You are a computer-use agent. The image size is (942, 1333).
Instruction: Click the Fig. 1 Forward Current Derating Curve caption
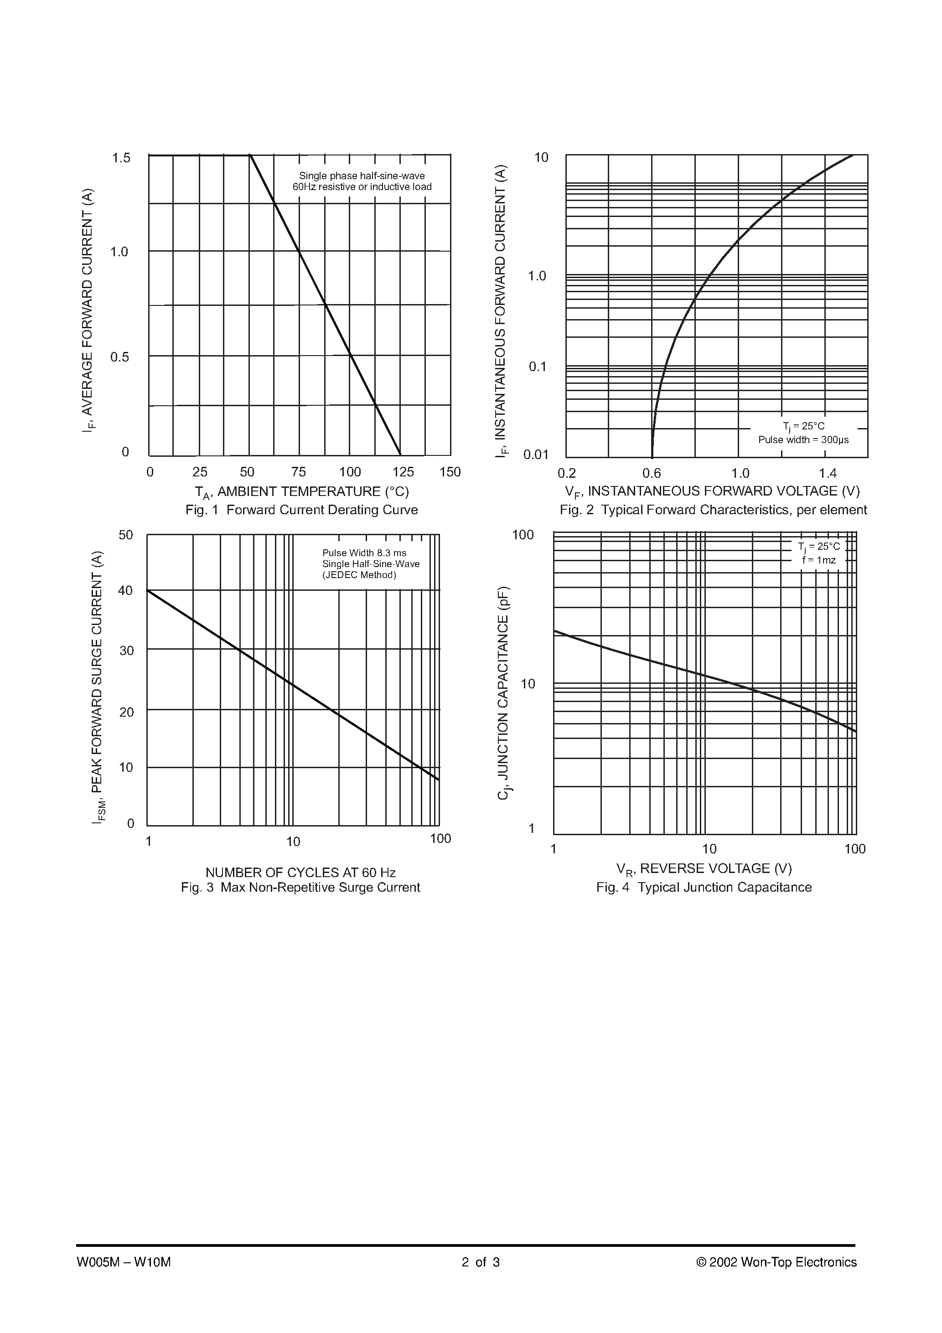(x=301, y=510)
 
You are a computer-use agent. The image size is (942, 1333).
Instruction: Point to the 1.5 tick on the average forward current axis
(x=121, y=158)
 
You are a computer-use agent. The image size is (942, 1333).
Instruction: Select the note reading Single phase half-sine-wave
(x=362, y=176)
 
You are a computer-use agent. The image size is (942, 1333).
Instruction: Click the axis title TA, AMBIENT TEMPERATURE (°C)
(x=301, y=492)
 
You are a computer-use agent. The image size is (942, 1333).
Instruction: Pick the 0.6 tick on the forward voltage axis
(x=652, y=473)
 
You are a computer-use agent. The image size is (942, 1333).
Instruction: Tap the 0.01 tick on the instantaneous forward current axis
(x=535, y=455)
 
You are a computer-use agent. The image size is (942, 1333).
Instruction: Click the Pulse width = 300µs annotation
(x=803, y=439)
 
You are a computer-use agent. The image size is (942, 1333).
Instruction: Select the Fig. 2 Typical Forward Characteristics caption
(x=713, y=510)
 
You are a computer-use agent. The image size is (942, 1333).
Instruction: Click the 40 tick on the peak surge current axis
(x=125, y=590)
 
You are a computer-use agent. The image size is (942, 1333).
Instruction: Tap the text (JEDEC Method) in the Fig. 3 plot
(x=359, y=575)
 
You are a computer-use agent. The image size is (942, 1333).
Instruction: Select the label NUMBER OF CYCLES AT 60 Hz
(x=300, y=873)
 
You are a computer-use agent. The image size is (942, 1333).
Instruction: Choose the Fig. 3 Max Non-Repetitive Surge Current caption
(x=300, y=887)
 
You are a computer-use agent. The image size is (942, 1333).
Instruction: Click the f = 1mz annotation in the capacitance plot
(x=819, y=560)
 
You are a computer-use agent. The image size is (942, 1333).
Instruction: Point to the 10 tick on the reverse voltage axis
(x=709, y=849)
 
